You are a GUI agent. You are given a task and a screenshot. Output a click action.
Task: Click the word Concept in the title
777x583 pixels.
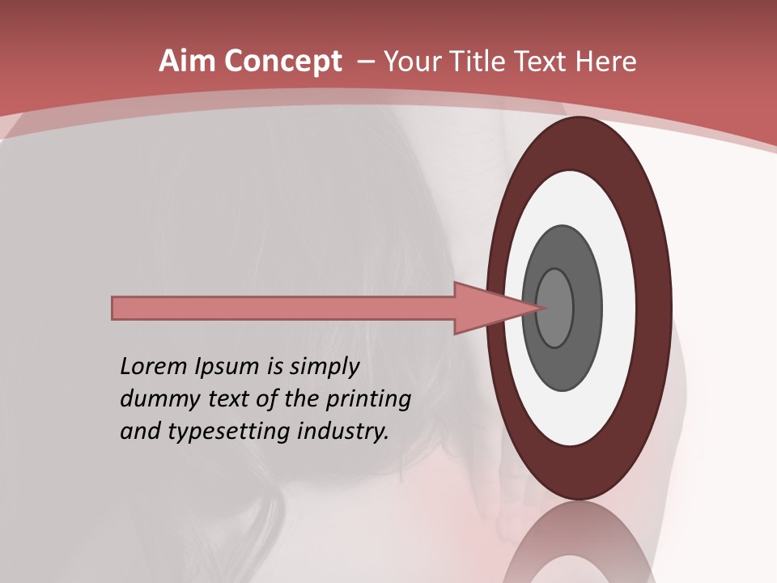282,62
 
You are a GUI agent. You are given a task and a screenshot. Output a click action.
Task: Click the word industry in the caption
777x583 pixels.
343,432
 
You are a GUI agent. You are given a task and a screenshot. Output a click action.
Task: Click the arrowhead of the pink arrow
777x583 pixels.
494,309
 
